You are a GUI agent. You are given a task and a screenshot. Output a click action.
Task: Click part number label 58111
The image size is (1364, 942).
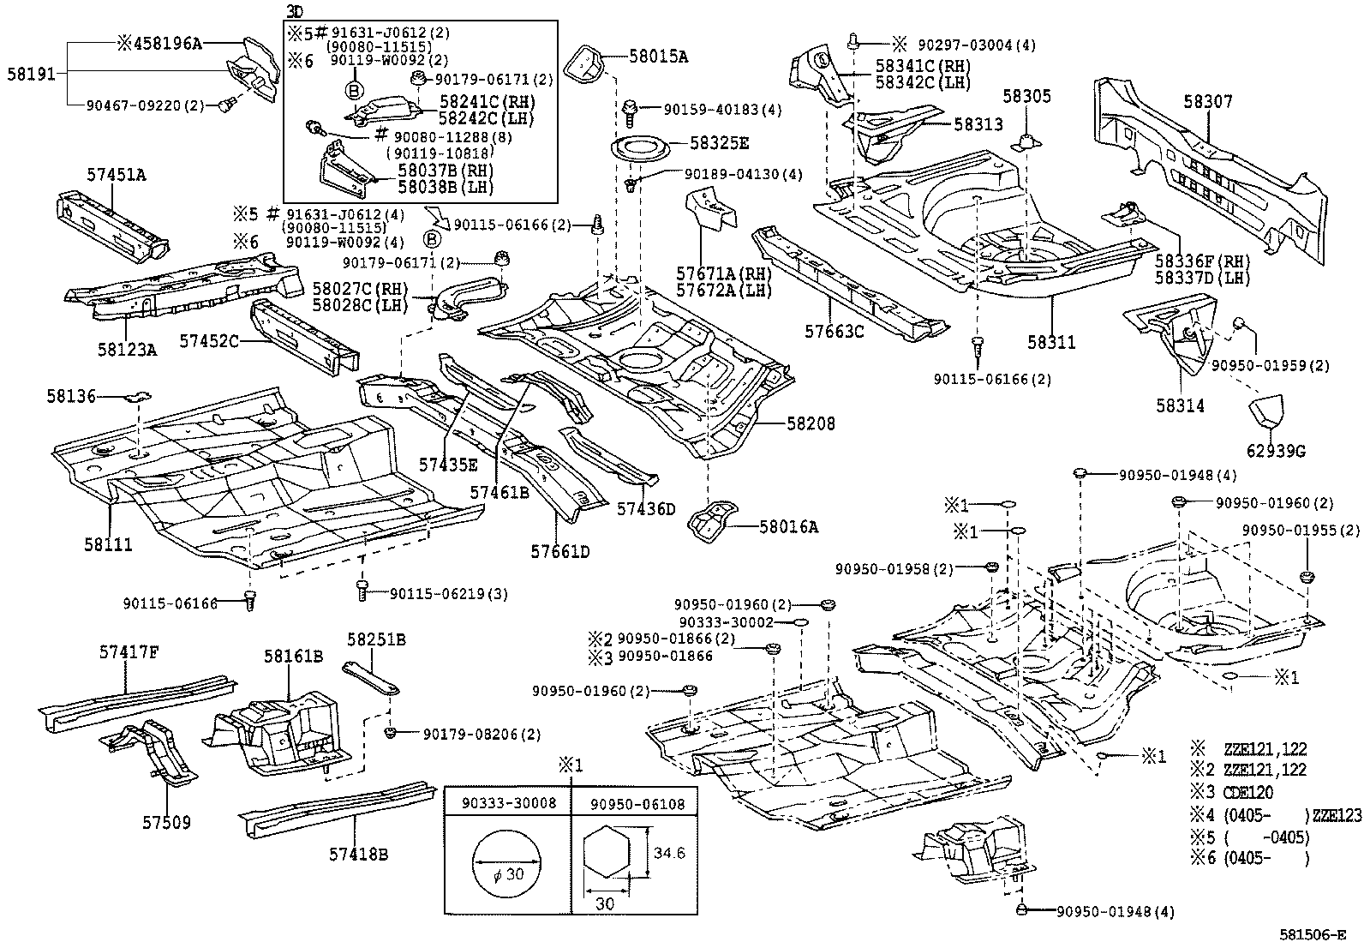pos(108,543)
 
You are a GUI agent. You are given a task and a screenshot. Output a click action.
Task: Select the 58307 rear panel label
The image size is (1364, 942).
pos(1208,102)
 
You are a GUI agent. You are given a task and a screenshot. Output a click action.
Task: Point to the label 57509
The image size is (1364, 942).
pos(166,823)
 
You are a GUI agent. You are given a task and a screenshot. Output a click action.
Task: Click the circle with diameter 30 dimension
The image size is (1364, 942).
pos(507,862)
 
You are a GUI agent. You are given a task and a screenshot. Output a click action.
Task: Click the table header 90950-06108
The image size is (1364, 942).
pos(633,803)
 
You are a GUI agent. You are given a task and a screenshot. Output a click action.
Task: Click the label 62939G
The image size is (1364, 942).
pos(1276,450)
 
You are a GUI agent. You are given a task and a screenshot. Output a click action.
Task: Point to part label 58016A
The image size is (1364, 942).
pos(788,527)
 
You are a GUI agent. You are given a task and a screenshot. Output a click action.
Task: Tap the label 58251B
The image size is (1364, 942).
pos(376,639)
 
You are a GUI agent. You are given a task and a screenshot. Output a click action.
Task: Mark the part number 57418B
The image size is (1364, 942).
pos(358,854)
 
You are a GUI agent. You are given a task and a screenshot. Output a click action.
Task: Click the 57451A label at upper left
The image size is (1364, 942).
pos(116,175)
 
